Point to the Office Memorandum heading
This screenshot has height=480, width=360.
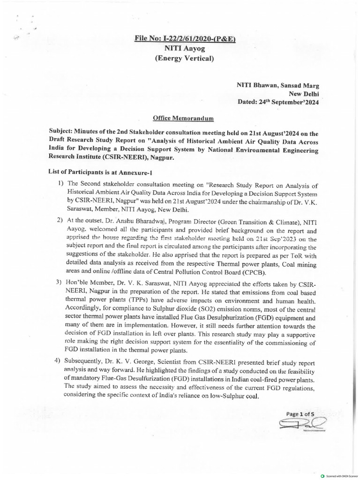(x=180, y=120)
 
